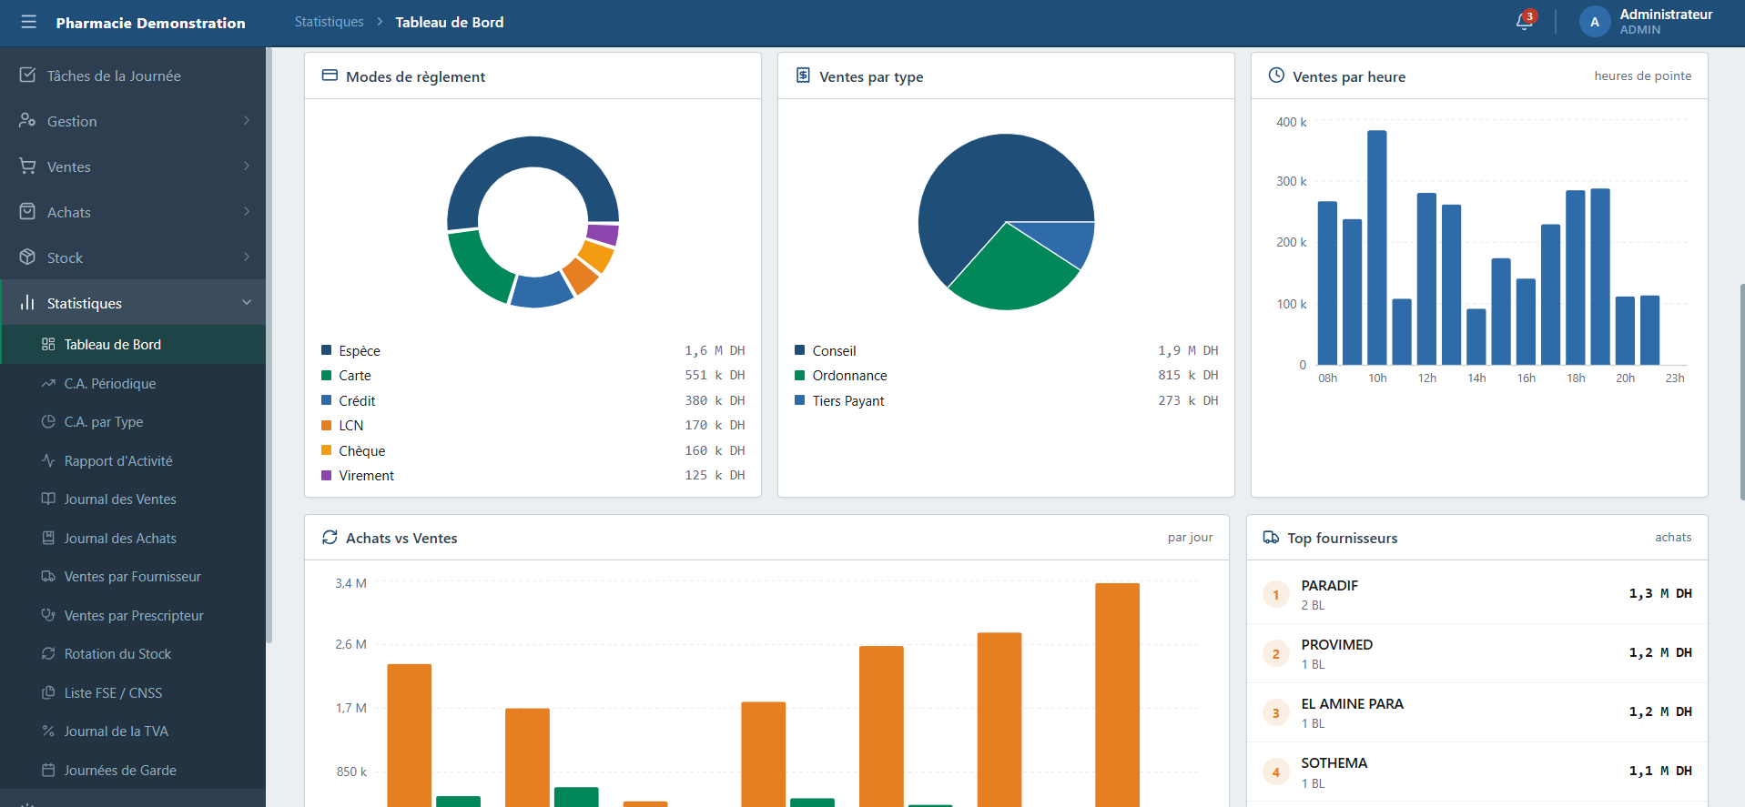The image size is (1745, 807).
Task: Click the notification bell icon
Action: click(x=1525, y=22)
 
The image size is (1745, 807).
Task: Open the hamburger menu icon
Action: click(x=29, y=22)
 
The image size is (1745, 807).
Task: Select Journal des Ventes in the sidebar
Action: click(x=120, y=499)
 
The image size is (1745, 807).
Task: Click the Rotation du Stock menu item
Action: click(x=117, y=654)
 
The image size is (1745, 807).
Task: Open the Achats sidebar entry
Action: click(x=69, y=212)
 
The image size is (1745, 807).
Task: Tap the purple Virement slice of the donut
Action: click(x=603, y=235)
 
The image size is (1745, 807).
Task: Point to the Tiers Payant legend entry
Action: click(x=847, y=401)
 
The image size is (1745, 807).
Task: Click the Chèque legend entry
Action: click(x=361, y=451)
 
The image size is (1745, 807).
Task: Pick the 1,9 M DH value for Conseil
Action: click(x=1188, y=351)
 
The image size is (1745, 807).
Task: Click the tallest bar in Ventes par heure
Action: click(x=1377, y=247)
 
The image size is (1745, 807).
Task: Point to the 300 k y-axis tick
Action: click(x=1291, y=181)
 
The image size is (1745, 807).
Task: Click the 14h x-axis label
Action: click(x=1476, y=378)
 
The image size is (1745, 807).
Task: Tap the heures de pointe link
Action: click(x=1642, y=76)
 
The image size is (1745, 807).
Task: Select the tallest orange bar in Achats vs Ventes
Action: click(x=1117, y=695)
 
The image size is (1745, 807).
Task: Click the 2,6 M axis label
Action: click(x=350, y=644)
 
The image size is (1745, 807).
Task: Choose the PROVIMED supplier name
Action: click(x=1336, y=645)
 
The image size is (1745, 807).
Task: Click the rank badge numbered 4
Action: click(x=1275, y=772)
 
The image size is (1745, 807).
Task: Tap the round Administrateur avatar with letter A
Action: click(x=1595, y=22)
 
